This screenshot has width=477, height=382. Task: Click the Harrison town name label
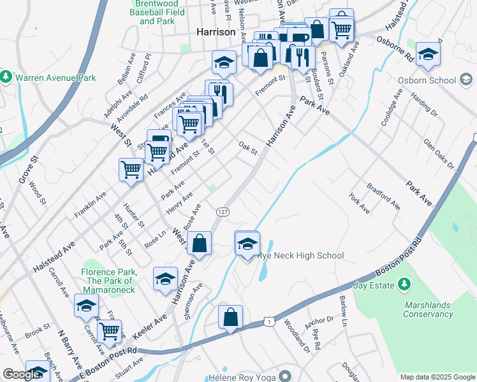tap(215, 32)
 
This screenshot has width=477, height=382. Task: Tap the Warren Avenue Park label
tap(54, 78)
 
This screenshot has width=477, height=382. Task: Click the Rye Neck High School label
tap(300, 255)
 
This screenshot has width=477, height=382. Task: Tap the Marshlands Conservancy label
tap(436, 309)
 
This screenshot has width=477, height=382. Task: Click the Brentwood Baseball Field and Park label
tap(157, 12)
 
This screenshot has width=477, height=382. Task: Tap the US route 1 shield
tap(271, 323)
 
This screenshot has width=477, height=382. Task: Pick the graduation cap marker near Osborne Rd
tap(428, 53)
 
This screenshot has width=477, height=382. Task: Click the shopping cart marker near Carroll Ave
tap(110, 330)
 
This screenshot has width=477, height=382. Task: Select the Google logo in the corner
tap(21, 374)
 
